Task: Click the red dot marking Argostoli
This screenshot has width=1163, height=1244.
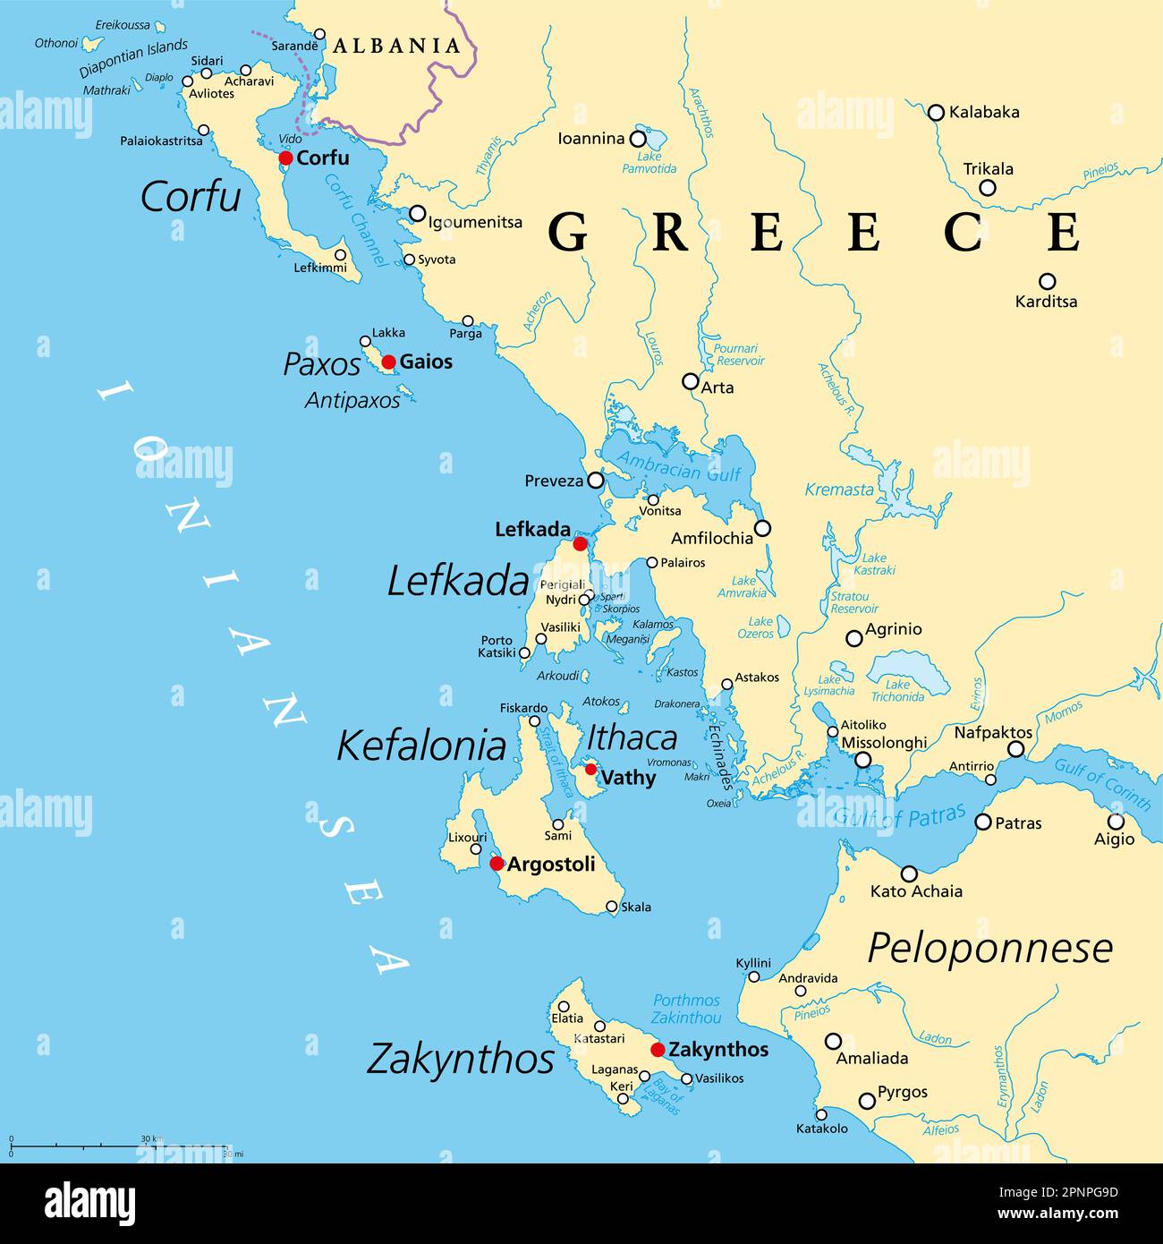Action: pos(497,864)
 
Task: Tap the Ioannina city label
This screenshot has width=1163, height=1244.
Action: pos(590,139)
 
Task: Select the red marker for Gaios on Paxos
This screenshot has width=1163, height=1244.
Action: pos(388,362)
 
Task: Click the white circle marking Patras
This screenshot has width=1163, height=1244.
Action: pos(983,822)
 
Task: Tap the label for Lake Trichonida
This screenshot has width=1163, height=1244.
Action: pos(897,691)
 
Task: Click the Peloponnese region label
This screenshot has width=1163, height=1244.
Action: pos(990,948)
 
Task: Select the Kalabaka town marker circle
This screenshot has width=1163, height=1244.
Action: pos(936,113)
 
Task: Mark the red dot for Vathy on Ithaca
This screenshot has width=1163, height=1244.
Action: pos(590,769)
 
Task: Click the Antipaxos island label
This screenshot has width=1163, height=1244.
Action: pos(352,401)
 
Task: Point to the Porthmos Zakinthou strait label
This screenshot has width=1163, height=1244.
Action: pos(686,1009)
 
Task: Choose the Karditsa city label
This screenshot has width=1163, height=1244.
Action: pos(1046,302)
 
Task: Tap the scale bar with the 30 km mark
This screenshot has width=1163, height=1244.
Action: pos(120,1145)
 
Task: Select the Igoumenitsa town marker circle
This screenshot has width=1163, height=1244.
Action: pos(417,213)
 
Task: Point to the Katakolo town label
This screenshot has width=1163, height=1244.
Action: pos(821,1129)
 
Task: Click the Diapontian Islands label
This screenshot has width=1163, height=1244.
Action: pos(133,57)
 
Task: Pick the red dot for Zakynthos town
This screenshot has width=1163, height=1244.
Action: pos(658,1050)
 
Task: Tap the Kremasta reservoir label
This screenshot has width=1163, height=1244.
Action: pos(838,490)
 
